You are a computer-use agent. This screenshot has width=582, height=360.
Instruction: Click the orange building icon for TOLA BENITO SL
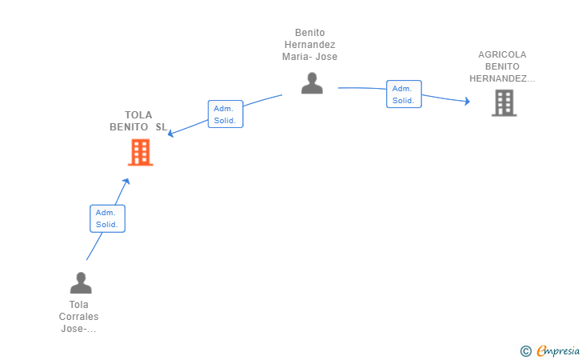point(141,152)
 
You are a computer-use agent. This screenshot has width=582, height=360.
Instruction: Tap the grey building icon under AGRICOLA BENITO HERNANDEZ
point(504,103)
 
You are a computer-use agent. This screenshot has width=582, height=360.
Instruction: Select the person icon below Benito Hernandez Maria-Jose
point(312,83)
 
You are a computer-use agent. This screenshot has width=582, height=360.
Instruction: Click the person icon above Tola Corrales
point(81,282)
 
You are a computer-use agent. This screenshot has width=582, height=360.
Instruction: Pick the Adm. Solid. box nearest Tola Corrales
point(107,218)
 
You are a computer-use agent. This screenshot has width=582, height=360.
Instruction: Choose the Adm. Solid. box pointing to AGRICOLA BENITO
point(404,94)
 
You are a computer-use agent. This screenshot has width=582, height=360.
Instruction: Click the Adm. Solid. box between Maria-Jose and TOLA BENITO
point(225,114)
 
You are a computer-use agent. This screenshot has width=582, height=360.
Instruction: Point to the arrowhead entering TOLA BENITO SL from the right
point(171,134)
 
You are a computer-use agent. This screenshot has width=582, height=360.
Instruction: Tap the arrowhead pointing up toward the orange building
point(126,182)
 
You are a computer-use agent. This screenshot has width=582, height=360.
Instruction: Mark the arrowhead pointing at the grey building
point(467,101)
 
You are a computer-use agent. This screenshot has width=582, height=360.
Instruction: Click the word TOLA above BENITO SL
point(138,114)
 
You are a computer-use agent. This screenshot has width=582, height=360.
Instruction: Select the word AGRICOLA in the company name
point(502,54)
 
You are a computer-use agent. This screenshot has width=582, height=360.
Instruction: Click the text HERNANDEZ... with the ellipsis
point(502,78)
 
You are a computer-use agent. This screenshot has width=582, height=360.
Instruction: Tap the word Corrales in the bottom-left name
point(78,317)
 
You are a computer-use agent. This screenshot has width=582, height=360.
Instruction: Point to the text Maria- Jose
point(309,57)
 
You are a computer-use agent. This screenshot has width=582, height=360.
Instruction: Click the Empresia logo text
point(558,350)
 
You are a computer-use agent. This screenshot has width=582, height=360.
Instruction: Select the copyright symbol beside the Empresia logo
point(526,351)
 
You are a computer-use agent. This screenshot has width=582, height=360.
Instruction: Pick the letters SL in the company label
point(161,127)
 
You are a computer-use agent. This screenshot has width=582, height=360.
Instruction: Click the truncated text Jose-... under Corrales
point(78,329)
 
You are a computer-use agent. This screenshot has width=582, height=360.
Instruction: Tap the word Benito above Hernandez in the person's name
point(310,33)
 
